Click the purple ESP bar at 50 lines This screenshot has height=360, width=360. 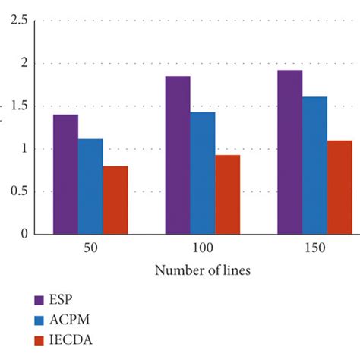pos(65,174)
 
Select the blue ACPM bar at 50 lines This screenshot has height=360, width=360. pos(90,186)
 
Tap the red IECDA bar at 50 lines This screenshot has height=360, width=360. pos(115,200)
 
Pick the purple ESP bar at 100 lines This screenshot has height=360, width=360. pos(178,155)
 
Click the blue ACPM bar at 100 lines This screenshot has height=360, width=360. pos(203,173)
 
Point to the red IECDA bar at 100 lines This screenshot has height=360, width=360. pos(228,194)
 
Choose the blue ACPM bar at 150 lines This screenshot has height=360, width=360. pos(314,165)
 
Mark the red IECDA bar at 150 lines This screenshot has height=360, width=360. pos(339,187)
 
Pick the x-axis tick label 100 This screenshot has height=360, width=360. pos(203,248)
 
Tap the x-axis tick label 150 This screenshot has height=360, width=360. pos(314,248)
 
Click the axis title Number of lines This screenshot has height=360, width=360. pos(203,270)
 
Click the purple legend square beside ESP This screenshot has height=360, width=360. pos(39,299)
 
